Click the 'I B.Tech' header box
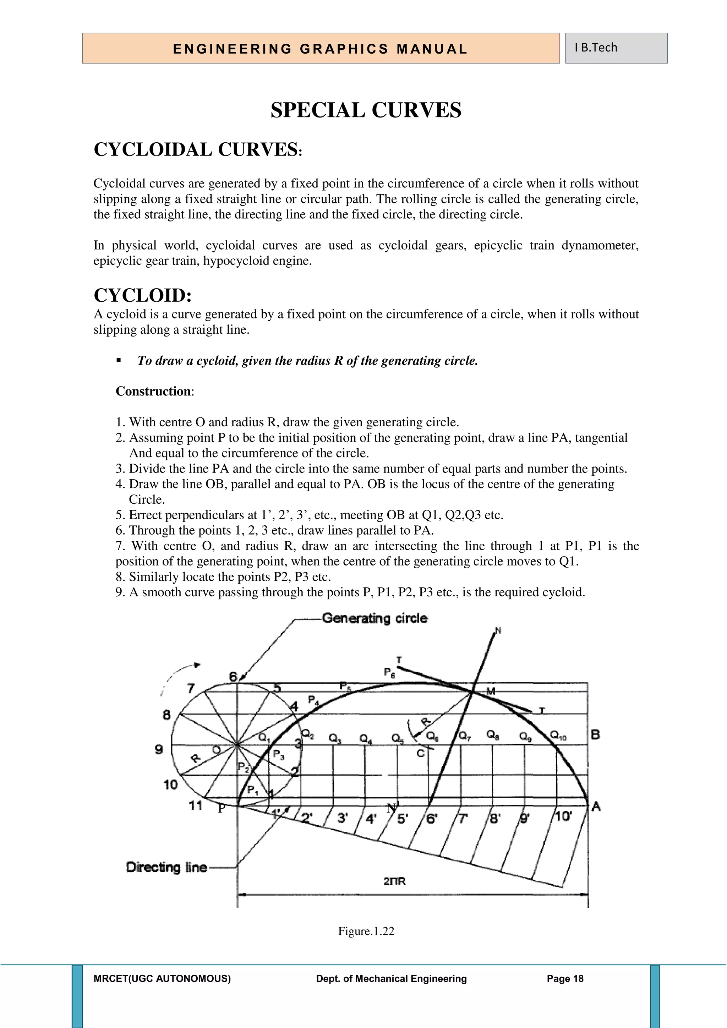pyautogui.click(x=616, y=48)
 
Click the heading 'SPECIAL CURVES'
pyautogui.click(x=366, y=110)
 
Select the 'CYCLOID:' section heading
pyautogui.click(x=143, y=295)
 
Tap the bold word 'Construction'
pyautogui.click(x=153, y=391)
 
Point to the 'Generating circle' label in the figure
pyautogui.click(x=375, y=618)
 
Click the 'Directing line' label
pyautogui.click(x=166, y=867)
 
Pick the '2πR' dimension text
pyautogui.click(x=394, y=881)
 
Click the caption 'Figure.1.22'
pyautogui.click(x=366, y=931)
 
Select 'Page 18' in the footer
pyautogui.click(x=565, y=979)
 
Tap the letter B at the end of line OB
pyautogui.click(x=595, y=735)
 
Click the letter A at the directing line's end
pyautogui.click(x=596, y=807)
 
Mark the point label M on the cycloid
pyautogui.click(x=491, y=691)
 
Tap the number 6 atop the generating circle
pyautogui.click(x=233, y=677)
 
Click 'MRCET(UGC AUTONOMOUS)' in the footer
pyautogui.click(x=162, y=979)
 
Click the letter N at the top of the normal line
pyautogui.click(x=498, y=631)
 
